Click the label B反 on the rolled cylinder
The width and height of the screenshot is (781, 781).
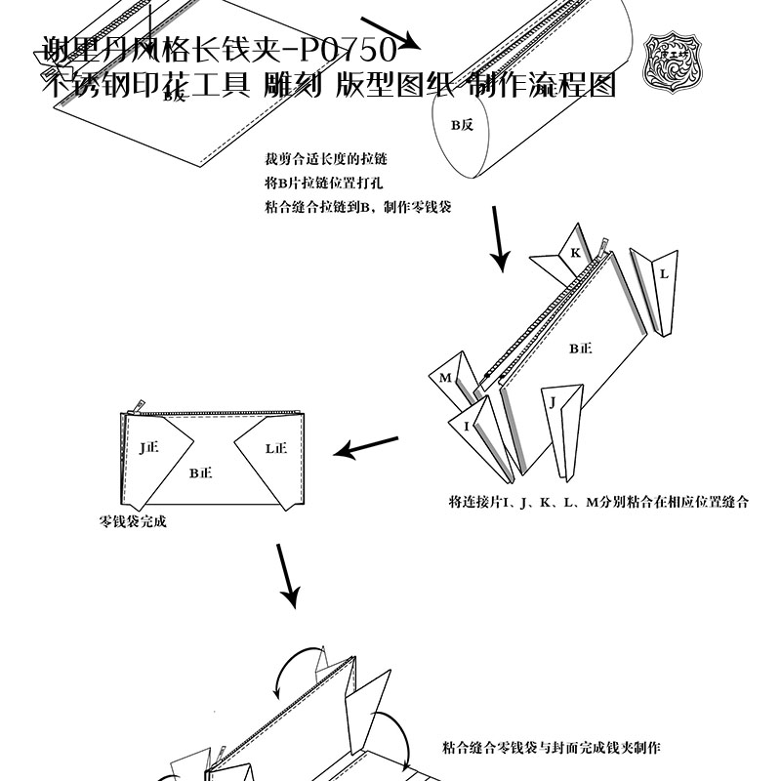(x=461, y=125)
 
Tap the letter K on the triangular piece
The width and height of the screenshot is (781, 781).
(x=575, y=253)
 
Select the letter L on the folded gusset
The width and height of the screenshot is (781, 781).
(x=664, y=274)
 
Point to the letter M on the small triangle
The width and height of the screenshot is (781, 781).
(x=445, y=378)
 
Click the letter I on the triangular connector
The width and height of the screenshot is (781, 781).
(x=468, y=426)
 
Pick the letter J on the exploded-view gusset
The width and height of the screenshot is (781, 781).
(x=553, y=401)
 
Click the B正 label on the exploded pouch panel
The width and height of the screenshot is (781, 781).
(x=581, y=347)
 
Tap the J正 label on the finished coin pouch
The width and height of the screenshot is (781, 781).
(x=148, y=448)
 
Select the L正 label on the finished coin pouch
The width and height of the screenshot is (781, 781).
(x=276, y=448)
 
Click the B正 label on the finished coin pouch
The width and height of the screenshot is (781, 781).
(x=201, y=473)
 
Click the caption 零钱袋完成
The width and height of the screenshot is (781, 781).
(x=133, y=521)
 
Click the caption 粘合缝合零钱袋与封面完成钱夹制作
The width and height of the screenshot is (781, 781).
(x=552, y=749)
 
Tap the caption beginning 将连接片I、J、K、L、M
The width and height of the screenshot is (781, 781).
(x=598, y=503)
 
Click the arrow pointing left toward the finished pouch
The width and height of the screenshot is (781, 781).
(x=366, y=448)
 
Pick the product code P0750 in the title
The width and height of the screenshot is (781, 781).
(x=347, y=49)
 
